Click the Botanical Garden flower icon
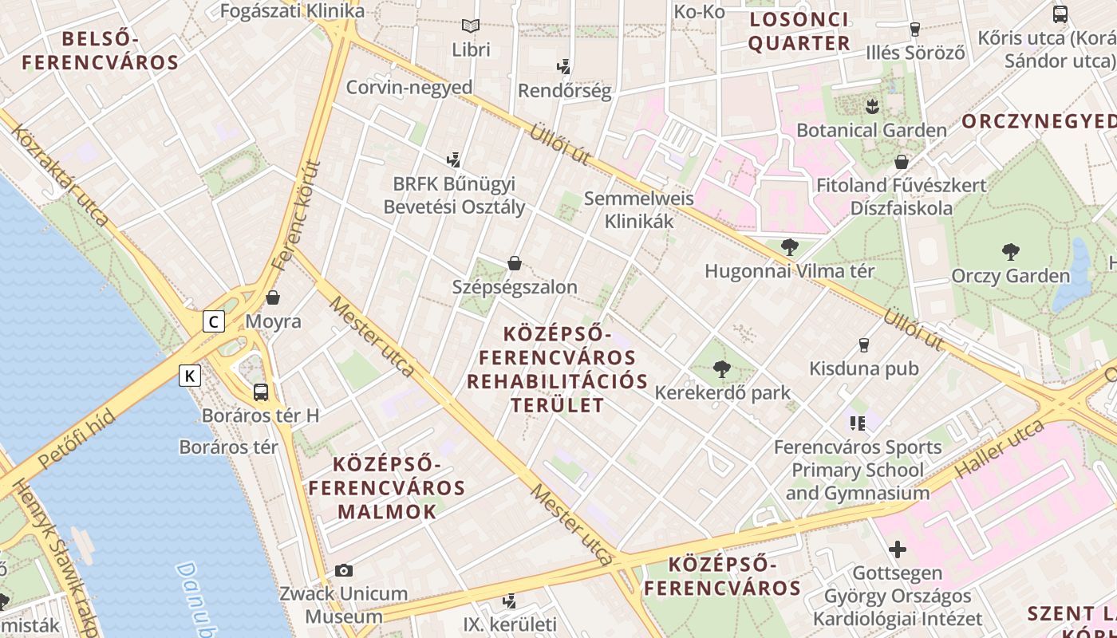tap(872, 105)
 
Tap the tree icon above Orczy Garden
tap(1011, 252)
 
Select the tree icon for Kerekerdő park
tap(722, 368)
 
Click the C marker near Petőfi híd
tap(213, 321)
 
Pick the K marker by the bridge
tap(189, 375)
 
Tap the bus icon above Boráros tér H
tap(261, 392)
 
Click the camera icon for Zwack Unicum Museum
tap(344, 570)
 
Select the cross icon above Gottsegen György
tap(898, 549)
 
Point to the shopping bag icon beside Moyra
tap(273, 297)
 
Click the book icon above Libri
tap(471, 26)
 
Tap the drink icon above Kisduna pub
tap(863, 345)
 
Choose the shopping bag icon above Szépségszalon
tap(515, 262)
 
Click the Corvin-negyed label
tap(409, 87)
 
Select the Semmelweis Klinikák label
tap(638, 209)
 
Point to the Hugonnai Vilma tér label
tap(789, 271)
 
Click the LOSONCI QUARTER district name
tap(799, 31)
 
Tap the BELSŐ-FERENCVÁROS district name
tap(101, 49)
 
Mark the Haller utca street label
tap(999, 449)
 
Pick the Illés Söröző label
tap(915, 53)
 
